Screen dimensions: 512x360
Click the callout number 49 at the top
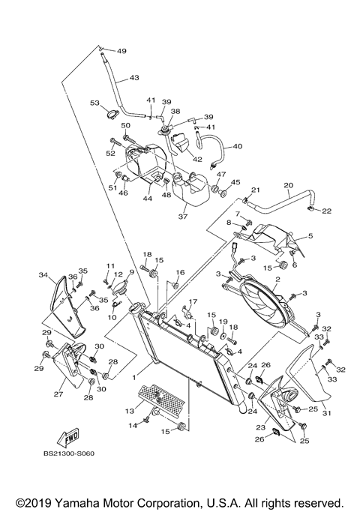coord(121,51)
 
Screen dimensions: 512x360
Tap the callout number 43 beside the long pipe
coord(134,77)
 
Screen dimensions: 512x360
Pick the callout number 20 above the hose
coord(287,184)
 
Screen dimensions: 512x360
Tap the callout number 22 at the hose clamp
coord(327,211)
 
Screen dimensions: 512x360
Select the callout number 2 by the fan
coord(277,280)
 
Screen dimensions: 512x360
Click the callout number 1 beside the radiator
coord(135,368)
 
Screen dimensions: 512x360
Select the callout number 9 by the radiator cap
coord(130,272)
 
